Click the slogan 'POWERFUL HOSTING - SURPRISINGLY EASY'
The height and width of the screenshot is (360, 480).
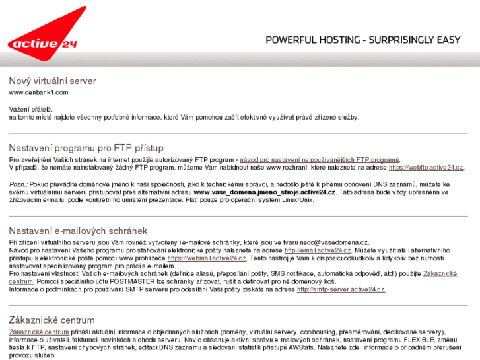tap(363, 40)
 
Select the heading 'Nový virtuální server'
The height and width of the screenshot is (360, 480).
tap(52, 81)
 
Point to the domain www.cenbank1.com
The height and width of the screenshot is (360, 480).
tap(38, 92)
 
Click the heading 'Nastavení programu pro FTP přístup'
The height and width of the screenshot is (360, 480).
tap(86, 148)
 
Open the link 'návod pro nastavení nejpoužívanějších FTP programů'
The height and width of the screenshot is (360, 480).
tap(320, 160)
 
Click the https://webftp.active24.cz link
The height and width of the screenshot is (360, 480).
tap(426, 168)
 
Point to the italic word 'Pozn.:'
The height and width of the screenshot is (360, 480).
tap(18, 184)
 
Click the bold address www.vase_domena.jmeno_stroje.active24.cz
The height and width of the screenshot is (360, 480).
tap(265, 192)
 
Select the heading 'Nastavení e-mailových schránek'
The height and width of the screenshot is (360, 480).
tap(78, 231)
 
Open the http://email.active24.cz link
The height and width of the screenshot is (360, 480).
tap(318, 250)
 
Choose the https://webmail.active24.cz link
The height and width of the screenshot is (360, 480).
tap(207, 258)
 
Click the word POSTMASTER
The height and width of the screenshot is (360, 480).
tap(133, 281)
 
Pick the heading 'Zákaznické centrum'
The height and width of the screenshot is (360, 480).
tap(51, 320)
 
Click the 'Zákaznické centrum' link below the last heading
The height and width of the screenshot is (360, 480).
tap(39, 332)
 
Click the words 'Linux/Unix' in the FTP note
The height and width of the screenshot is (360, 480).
tap(298, 200)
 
